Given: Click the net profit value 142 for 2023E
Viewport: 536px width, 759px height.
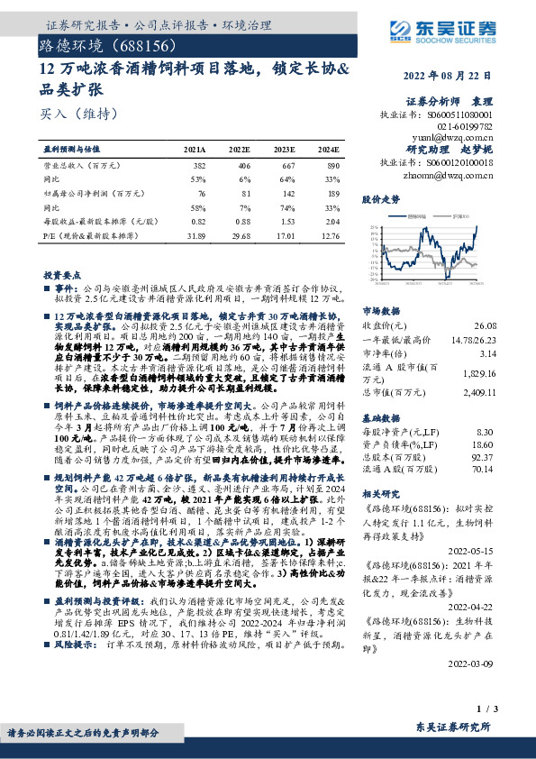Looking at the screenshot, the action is click(286, 193).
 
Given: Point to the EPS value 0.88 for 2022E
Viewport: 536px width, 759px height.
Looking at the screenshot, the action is click(239, 222).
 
